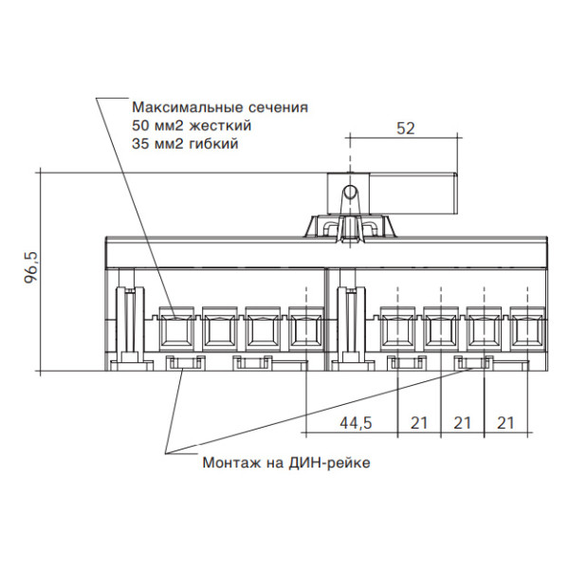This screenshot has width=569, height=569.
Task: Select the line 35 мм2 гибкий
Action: (x=185, y=144)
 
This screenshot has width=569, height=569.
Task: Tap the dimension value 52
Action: (x=405, y=131)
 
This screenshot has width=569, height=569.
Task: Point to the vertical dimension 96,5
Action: (x=30, y=267)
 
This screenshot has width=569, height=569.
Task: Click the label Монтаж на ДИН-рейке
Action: (x=285, y=463)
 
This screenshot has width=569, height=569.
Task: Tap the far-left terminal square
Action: (x=174, y=330)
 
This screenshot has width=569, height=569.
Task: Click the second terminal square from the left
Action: (x=218, y=330)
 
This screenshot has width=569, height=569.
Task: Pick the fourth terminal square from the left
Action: (x=305, y=330)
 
